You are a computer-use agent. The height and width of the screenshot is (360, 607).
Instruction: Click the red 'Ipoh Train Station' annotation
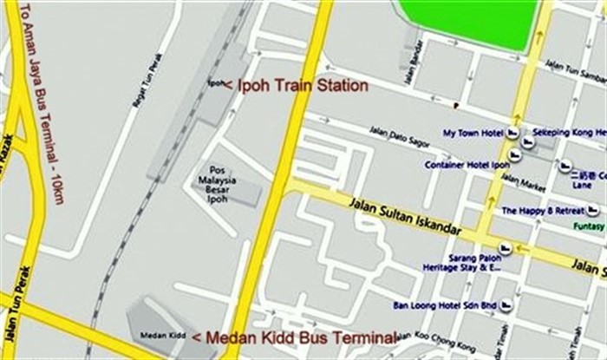296,86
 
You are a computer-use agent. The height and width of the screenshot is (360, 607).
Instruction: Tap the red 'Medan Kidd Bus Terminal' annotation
294,337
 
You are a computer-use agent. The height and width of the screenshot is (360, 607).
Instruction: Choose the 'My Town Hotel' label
473,134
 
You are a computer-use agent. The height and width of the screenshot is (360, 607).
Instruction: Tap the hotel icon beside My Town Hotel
512,134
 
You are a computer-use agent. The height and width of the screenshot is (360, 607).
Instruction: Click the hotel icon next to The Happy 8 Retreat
593,211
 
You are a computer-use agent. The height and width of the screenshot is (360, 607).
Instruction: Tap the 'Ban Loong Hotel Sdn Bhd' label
444,305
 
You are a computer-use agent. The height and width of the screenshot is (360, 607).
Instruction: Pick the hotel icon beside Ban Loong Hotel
506,305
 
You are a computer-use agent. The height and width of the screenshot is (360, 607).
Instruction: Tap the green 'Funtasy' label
590,226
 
